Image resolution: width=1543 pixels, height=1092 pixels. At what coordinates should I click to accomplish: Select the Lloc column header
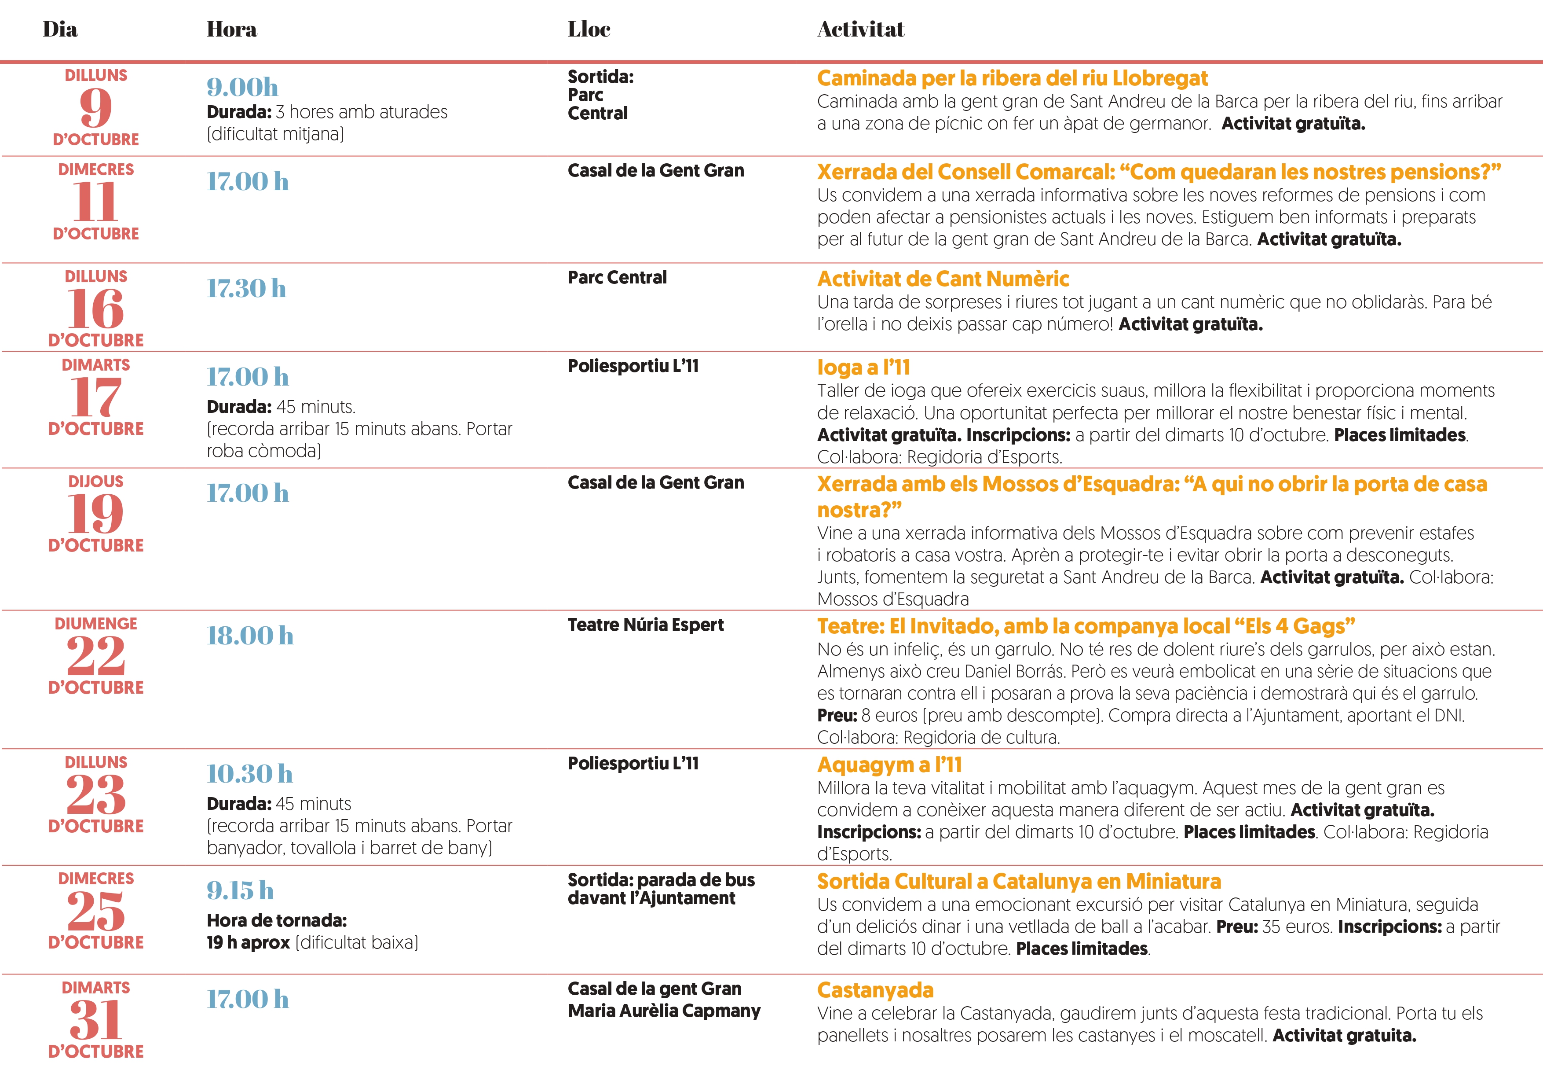click(589, 29)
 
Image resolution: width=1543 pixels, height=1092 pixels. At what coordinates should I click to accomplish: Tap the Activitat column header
click(860, 29)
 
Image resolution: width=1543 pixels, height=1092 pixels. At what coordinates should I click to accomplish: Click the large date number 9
click(95, 107)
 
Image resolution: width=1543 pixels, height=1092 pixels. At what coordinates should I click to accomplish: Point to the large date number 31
click(95, 1019)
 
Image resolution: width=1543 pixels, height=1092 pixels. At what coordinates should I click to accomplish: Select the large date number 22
click(95, 656)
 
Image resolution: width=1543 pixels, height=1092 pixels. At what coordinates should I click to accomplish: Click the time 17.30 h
click(246, 288)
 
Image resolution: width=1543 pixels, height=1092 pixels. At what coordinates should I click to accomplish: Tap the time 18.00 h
click(250, 636)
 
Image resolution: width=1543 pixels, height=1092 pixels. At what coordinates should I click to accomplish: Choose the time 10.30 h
click(249, 774)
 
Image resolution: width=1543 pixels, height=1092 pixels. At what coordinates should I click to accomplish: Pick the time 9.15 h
click(240, 890)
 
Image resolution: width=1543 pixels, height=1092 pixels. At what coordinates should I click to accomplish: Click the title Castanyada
click(875, 990)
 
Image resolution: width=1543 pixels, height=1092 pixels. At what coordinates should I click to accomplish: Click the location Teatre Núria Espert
click(645, 625)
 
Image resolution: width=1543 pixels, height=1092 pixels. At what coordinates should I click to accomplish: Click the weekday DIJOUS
click(95, 482)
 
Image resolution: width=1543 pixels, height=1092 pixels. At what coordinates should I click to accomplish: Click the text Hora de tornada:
click(276, 920)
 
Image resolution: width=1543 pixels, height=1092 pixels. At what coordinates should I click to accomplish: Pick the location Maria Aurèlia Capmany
click(664, 1011)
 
